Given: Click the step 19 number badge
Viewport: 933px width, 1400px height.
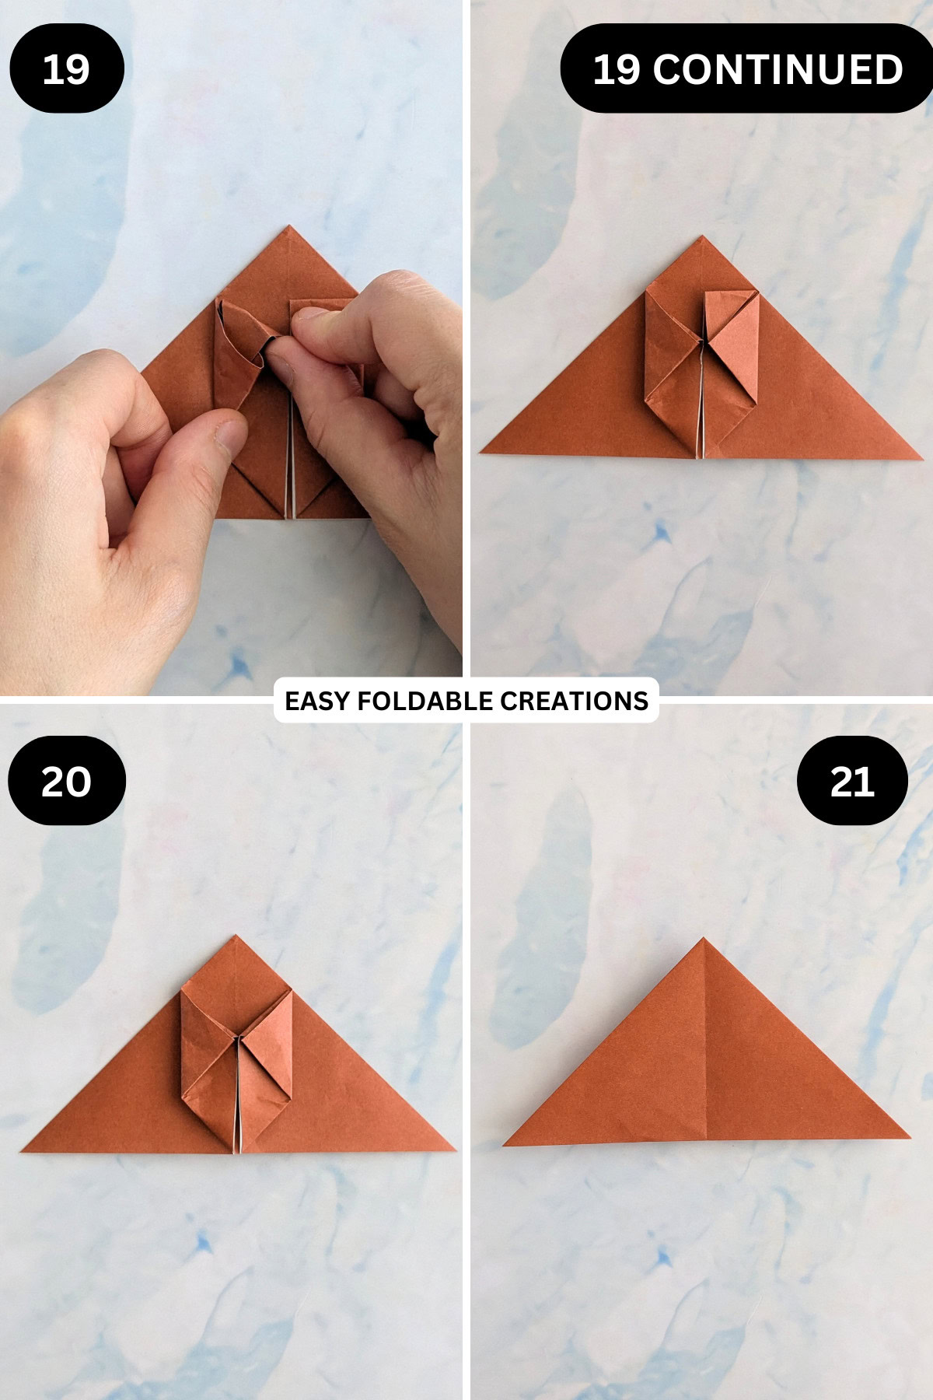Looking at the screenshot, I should pos(66,69).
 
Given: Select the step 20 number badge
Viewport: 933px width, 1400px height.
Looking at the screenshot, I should pos(66,781).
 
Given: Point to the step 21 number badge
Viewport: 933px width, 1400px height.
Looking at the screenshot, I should pos(852,781).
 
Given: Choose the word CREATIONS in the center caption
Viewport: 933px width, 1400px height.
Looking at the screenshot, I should pos(574,701).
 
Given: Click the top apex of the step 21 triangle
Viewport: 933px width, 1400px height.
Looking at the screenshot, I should pos(703,939).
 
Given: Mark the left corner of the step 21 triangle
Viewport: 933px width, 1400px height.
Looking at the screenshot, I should pos(505,1144).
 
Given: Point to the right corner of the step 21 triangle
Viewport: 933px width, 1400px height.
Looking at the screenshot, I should pos(908,1137).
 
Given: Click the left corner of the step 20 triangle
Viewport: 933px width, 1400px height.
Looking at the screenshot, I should pos(22,1150).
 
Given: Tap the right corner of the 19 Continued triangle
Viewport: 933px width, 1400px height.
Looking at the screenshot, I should pos(921,459).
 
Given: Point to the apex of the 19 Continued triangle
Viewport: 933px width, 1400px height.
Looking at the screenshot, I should pos(702,236).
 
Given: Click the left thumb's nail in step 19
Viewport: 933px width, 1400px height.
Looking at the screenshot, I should pos(228,440).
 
